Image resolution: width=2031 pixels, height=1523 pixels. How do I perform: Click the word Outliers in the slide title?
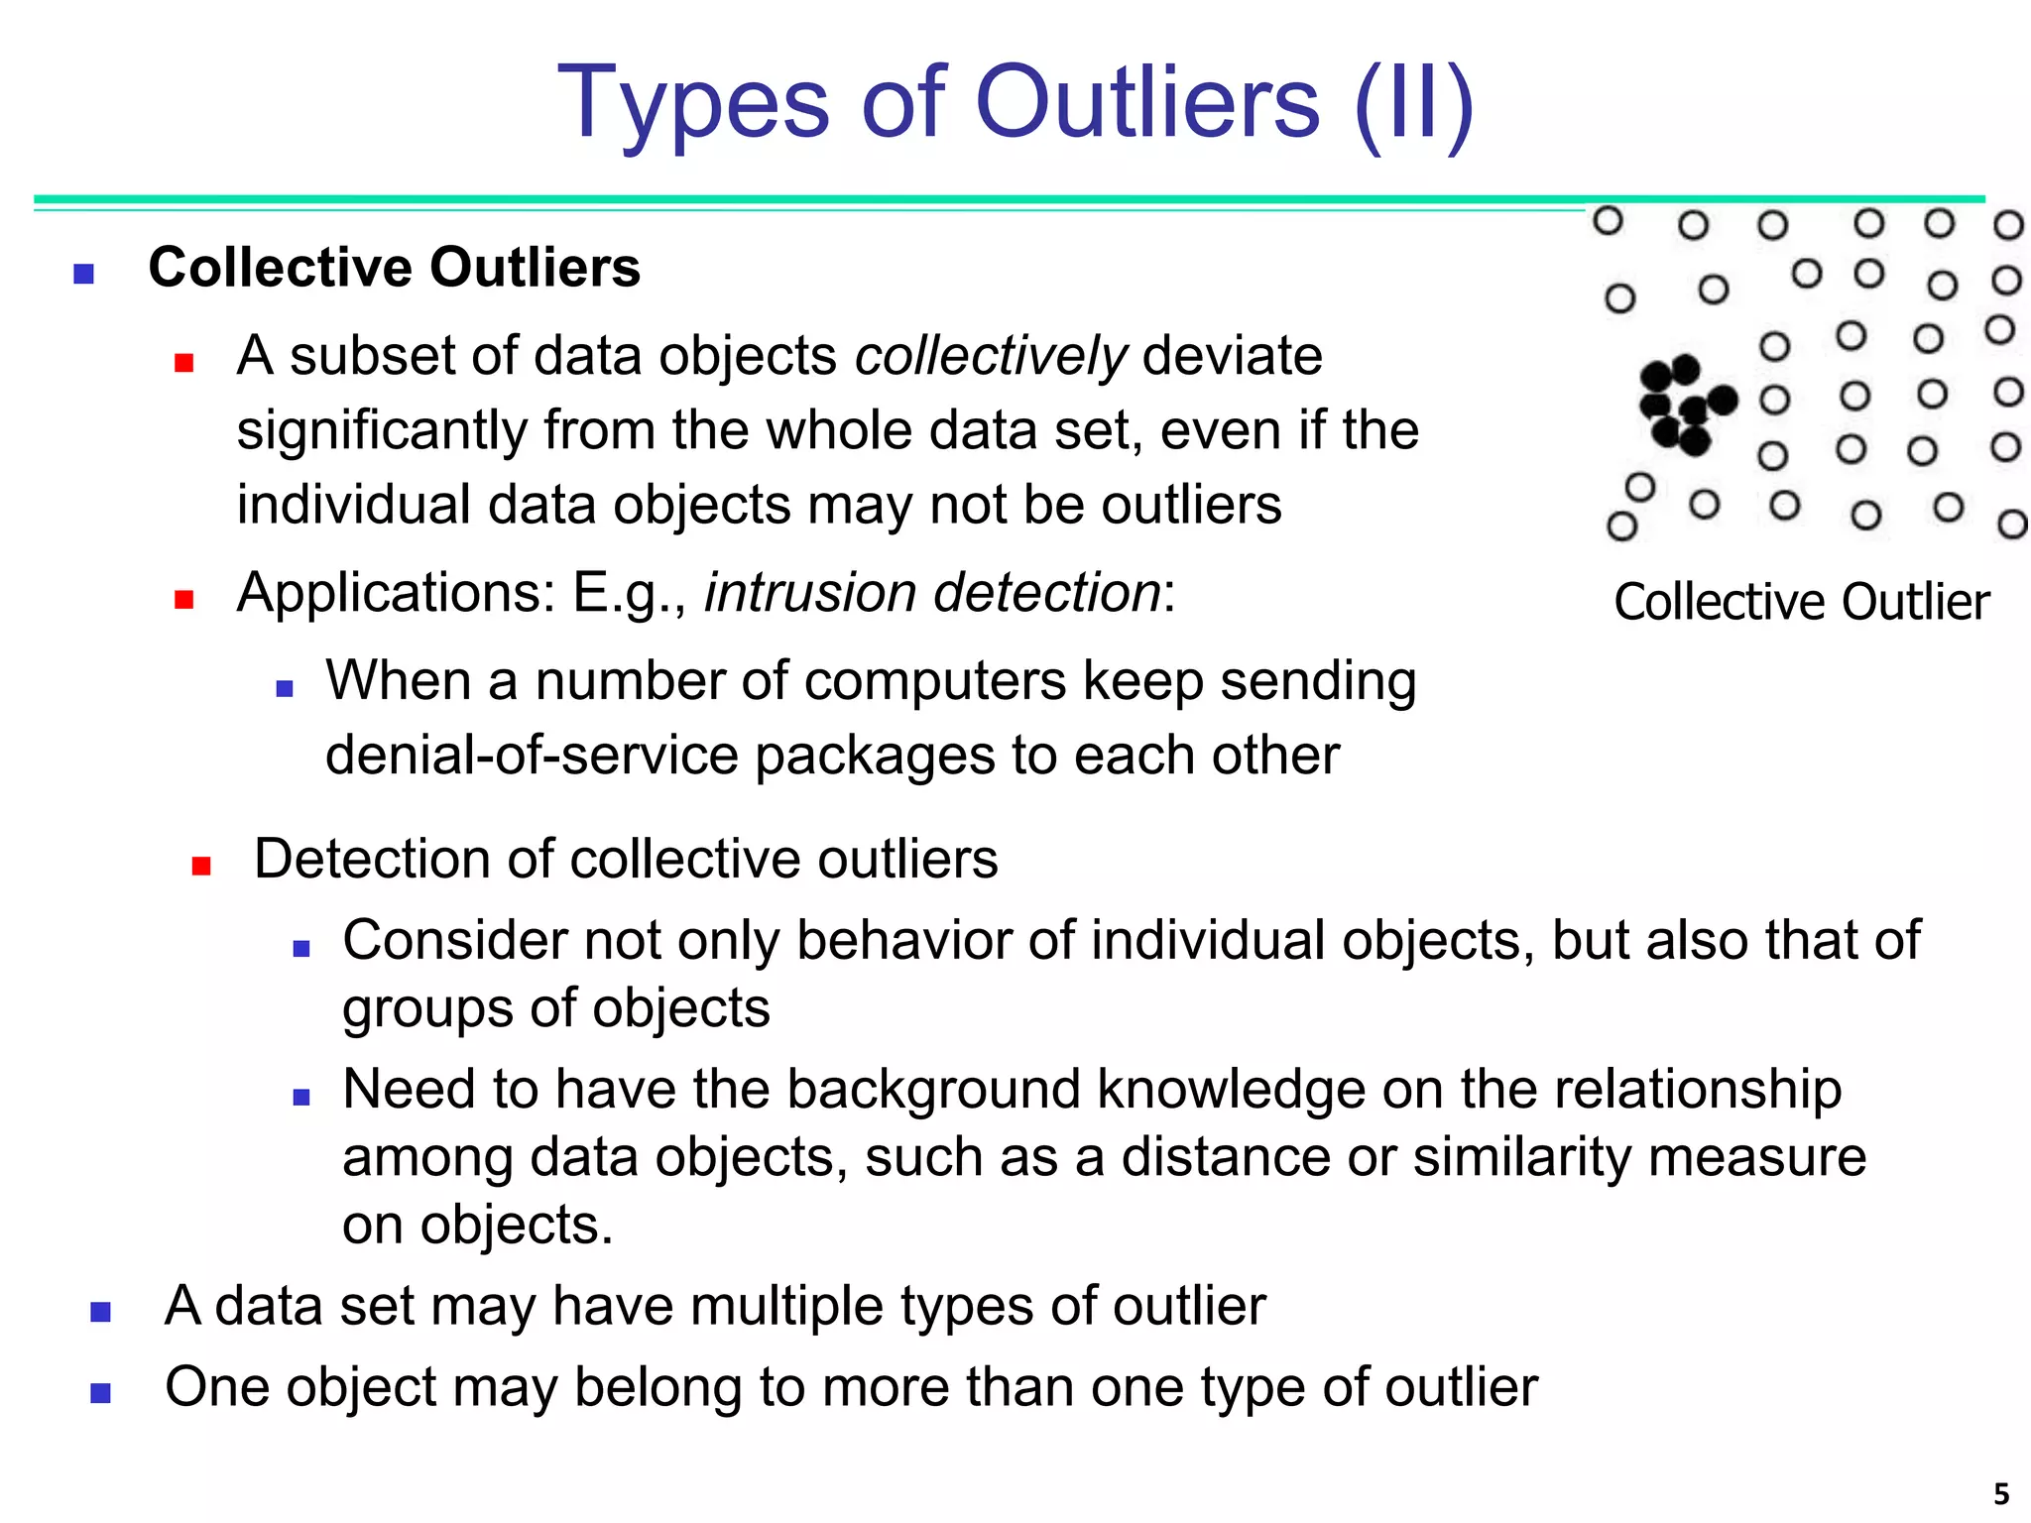[x=1147, y=102]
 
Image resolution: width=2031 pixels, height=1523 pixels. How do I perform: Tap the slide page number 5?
[x=2001, y=1493]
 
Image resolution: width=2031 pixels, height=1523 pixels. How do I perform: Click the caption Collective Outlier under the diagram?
[x=1801, y=602]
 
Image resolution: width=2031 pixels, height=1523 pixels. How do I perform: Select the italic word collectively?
[x=991, y=356]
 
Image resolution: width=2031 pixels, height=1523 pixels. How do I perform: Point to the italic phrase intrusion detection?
[x=932, y=593]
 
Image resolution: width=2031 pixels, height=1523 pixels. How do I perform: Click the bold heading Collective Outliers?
[x=395, y=268]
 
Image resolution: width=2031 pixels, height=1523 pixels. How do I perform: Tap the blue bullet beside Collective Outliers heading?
[x=84, y=273]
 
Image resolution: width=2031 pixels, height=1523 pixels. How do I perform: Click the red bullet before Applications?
[x=183, y=599]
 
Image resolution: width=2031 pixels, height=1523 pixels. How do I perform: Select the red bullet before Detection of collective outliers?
[x=201, y=866]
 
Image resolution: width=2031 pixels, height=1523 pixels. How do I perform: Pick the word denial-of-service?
[x=532, y=756]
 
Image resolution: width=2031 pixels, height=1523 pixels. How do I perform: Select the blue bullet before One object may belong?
[x=100, y=1393]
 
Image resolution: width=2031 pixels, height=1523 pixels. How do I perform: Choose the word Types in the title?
[x=693, y=102]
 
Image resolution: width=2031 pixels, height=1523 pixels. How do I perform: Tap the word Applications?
[x=397, y=593]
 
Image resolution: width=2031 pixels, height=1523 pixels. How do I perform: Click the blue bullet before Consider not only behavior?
[x=301, y=948]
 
